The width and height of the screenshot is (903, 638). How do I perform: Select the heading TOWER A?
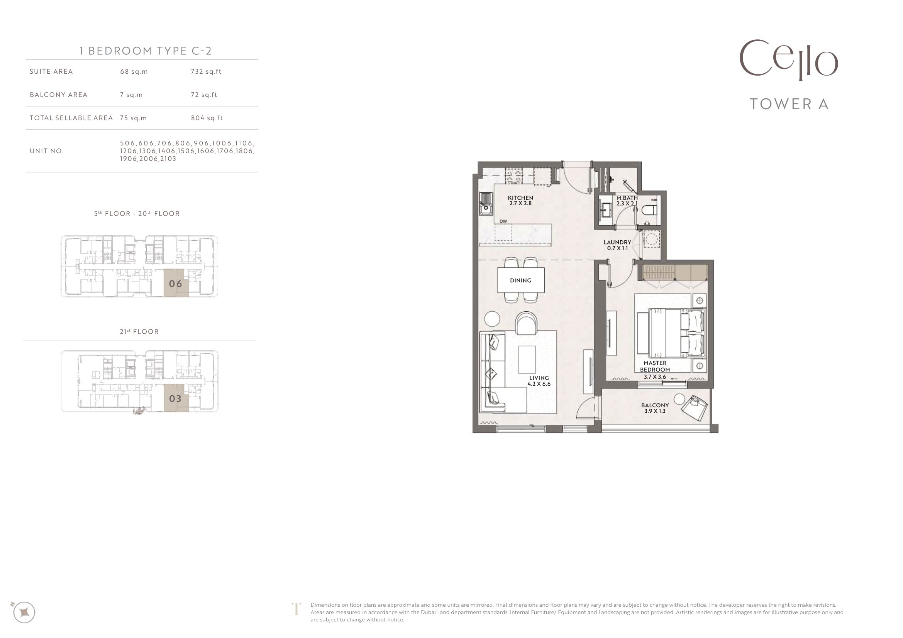(789, 104)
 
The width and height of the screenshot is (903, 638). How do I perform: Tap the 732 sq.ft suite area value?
(206, 71)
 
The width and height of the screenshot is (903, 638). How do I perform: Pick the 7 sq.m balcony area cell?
(131, 95)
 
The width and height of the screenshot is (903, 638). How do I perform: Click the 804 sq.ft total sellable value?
(207, 118)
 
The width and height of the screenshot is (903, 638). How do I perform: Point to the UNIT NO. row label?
(46, 151)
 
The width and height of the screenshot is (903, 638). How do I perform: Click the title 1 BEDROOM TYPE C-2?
(146, 51)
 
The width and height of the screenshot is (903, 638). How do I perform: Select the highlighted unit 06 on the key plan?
(176, 283)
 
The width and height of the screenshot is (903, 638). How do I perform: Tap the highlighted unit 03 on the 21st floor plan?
(176, 398)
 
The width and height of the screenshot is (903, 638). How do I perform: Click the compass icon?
(24, 612)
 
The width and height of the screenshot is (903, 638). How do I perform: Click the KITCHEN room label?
(520, 198)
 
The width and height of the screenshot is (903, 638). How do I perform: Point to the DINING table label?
(520, 280)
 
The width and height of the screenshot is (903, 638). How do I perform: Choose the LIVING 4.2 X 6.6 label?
(539, 381)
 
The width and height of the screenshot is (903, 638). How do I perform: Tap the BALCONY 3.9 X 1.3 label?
(655, 408)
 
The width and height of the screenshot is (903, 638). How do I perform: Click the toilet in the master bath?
(649, 210)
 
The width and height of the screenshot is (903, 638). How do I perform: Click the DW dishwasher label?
(503, 221)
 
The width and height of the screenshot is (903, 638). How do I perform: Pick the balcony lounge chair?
(695, 407)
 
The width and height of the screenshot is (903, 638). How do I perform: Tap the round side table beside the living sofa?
(492, 319)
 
